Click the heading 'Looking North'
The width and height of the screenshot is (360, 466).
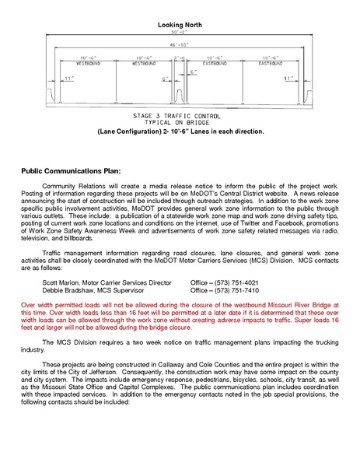click(180, 26)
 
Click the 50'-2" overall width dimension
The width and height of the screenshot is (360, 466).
click(180, 34)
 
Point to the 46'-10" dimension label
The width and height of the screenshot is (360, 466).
click(180, 46)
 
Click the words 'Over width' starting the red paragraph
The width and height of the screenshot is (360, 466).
click(36, 307)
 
